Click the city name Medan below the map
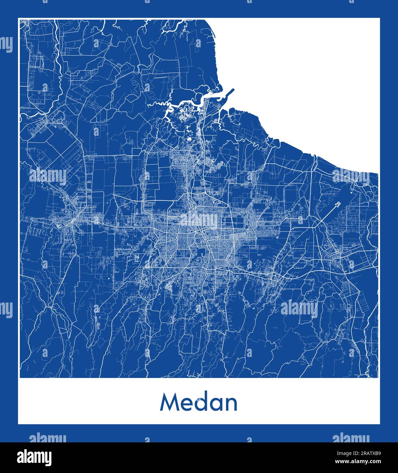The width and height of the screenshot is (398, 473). pyautogui.click(x=199, y=403)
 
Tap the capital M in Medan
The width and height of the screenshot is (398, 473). pyautogui.click(x=170, y=403)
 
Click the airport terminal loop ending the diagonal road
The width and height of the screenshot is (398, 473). pyautogui.click(x=338, y=204)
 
